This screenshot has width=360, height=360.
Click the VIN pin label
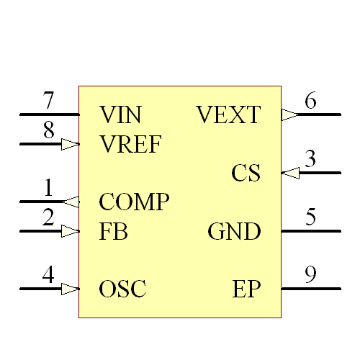pos(120,114)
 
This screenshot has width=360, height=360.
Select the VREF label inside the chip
pos(130,144)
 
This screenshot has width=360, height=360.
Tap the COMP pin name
pos(134,202)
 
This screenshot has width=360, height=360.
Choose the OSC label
pos(122,289)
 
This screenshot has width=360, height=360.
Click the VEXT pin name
pos(228,114)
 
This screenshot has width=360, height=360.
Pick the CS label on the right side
pos(246,174)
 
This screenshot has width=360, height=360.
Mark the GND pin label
pos(234,232)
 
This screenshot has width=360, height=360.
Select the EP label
pos(246,289)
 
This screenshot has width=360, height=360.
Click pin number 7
pos(48,99)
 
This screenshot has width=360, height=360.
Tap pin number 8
pos(48,130)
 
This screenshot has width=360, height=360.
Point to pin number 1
pos(48,189)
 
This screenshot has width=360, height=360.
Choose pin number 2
pos(48,217)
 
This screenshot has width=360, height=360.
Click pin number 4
pos(48,275)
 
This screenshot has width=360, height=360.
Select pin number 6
pos(310,101)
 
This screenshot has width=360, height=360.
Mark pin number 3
pos(310,159)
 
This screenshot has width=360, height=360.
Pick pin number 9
pos(310,275)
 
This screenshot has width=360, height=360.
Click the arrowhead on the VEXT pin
pos(289,114)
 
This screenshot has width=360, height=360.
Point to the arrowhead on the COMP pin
pos(71,202)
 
